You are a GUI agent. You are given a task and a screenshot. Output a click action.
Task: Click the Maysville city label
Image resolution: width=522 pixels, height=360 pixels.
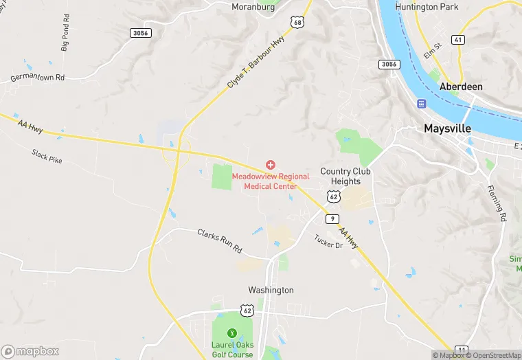pyautogui.click(x=447, y=128)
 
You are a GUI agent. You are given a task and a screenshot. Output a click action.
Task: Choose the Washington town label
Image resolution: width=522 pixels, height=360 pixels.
pyautogui.click(x=271, y=290)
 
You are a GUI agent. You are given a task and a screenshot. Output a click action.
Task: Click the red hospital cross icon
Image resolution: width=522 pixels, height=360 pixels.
pyautogui.click(x=271, y=165)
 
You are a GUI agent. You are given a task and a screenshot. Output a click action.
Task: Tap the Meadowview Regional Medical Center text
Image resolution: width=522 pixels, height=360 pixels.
pyautogui.click(x=271, y=181)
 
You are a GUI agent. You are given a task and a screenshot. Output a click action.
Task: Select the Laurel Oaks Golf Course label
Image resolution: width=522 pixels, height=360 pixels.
pyautogui.click(x=232, y=349)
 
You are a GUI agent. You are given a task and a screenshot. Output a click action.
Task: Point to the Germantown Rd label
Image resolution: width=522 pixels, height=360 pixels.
pyautogui.click(x=37, y=78)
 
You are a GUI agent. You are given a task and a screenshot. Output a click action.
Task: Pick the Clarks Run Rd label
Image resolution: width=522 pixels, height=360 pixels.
pyautogui.click(x=220, y=240)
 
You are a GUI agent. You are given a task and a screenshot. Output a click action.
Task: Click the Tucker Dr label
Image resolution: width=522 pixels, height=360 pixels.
pyautogui.click(x=328, y=241)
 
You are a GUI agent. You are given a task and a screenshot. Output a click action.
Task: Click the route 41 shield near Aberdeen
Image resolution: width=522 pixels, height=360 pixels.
pyautogui.click(x=458, y=41)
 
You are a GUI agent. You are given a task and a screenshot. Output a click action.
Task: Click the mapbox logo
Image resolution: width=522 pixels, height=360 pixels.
pyautogui.click(x=30, y=351)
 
